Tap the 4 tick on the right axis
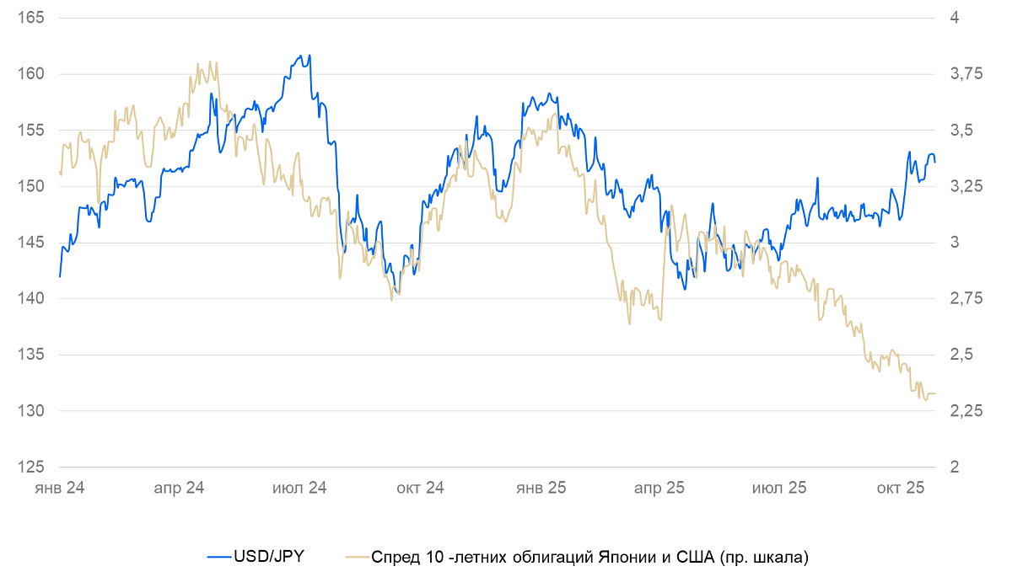tap(955, 18)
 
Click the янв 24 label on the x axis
tap(60, 488)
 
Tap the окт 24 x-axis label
tap(420, 488)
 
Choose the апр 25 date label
tap(659, 488)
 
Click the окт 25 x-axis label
tap(902, 488)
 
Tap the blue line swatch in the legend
tap(218, 556)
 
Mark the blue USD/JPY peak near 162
tap(310, 56)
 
